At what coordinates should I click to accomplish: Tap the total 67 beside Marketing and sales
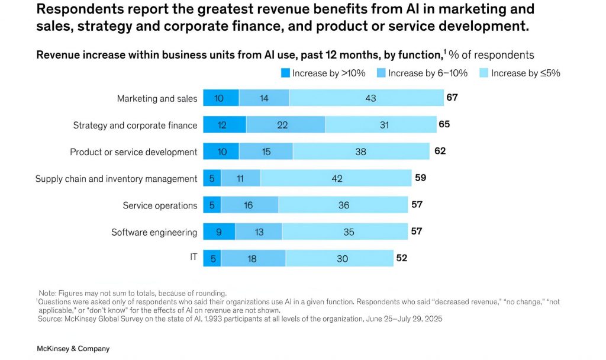coord(452,97)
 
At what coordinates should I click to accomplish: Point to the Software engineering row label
coord(154,232)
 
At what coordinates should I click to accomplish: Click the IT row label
coord(194,258)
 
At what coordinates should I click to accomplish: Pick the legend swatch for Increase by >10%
coord(285,73)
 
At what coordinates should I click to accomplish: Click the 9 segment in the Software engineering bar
coord(219,232)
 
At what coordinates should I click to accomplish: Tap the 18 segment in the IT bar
coord(253,259)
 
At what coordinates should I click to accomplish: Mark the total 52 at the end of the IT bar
coord(401,258)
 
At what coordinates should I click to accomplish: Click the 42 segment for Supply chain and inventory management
coord(336,179)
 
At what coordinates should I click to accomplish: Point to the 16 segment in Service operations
coord(249,205)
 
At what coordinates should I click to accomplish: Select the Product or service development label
coord(134,152)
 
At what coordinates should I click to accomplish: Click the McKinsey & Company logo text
coord(73,349)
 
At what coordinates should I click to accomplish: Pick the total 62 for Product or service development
coord(440,151)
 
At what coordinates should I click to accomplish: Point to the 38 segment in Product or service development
coord(361,152)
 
